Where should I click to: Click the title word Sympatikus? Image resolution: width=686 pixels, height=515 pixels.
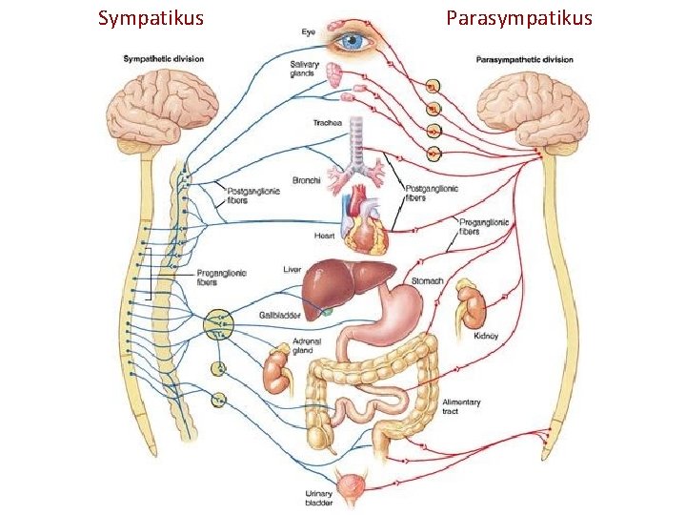click(151, 18)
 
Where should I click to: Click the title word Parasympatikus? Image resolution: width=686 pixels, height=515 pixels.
click(518, 18)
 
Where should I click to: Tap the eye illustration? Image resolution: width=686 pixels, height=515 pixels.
click(354, 40)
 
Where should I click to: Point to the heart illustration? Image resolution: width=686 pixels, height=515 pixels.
click(366, 225)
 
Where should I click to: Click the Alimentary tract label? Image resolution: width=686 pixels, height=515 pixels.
click(461, 406)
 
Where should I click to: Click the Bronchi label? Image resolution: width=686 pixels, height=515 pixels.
click(306, 178)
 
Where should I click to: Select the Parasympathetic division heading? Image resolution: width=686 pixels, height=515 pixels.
click(524, 59)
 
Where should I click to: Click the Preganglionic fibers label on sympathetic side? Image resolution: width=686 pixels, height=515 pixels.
click(221, 277)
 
